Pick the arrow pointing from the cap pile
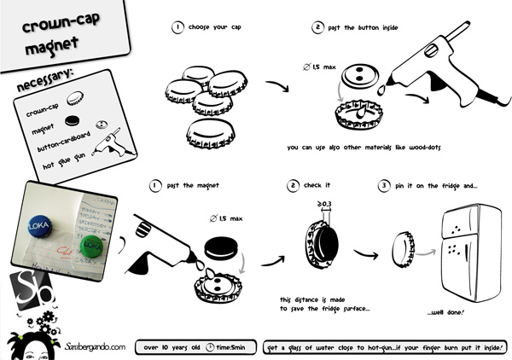tap(276, 88)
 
